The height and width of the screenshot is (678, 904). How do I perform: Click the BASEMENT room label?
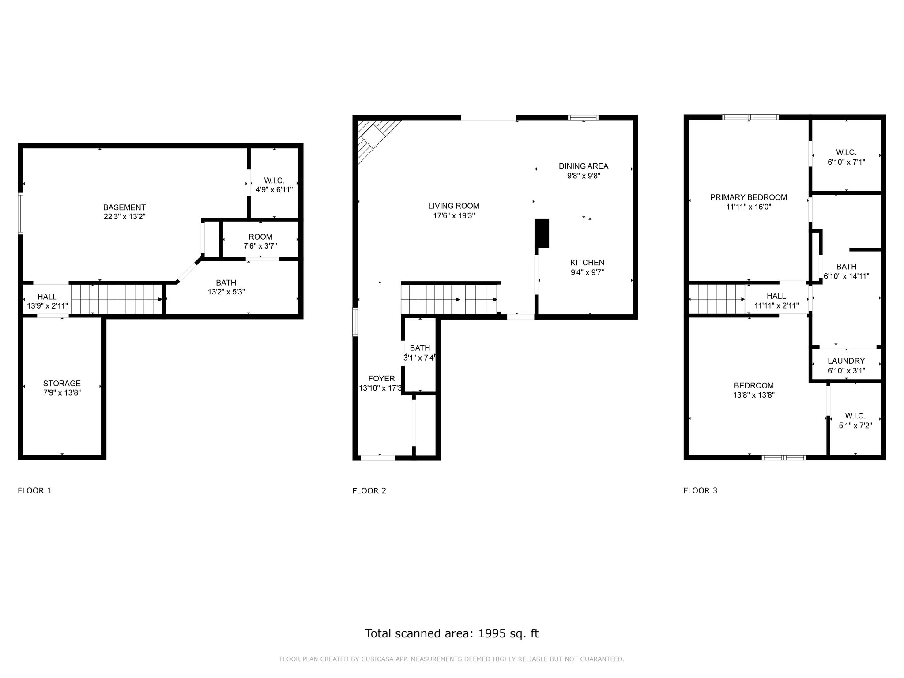click(x=124, y=207)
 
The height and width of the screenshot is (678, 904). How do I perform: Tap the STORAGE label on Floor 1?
click(x=62, y=384)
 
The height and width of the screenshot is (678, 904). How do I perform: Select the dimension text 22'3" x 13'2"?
click(x=124, y=217)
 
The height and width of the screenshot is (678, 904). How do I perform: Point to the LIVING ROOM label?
click(x=454, y=206)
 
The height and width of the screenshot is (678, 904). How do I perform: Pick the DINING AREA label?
click(x=584, y=166)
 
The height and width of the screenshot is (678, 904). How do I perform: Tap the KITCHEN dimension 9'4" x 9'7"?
click(x=587, y=272)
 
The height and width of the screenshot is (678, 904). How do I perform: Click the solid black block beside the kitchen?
click(x=542, y=234)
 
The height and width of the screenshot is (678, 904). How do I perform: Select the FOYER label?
click(x=382, y=379)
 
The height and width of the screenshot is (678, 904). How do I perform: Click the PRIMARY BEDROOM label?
click(x=749, y=197)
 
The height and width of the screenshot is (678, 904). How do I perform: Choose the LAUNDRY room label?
click(x=846, y=361)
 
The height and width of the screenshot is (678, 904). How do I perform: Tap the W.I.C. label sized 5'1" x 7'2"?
click(x=855, y=416)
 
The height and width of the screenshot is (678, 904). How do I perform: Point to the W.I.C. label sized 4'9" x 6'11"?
click(x=274, y=181)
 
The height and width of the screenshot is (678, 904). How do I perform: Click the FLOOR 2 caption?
click(x=369, y=491)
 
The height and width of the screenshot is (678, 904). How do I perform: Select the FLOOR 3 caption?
click(x=701, y=491)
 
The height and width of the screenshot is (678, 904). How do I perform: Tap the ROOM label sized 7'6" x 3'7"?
click(x=260, y=237)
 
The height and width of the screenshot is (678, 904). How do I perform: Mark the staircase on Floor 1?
click(x=117, y=299)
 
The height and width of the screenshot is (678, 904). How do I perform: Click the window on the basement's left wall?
click(x=20, y=213)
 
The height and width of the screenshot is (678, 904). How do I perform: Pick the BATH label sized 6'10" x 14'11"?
click(x=847, y=267)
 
